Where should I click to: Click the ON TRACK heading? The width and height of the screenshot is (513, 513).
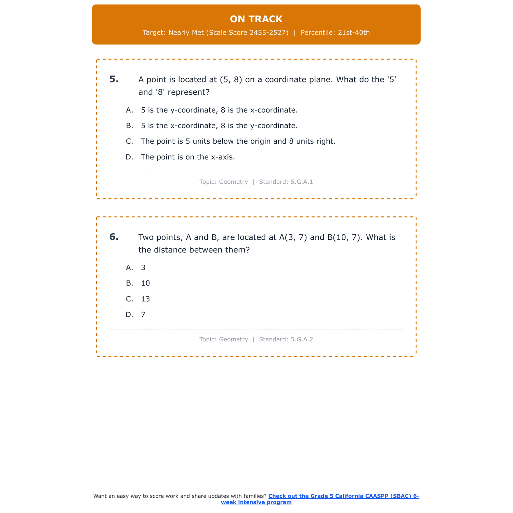(256, 19)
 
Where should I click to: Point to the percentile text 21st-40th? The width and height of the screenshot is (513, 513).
(354, 32)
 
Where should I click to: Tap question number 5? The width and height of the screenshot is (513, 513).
(114, 79)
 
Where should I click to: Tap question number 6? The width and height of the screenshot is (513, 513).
(114, 237)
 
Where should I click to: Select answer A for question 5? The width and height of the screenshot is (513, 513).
(219, 110)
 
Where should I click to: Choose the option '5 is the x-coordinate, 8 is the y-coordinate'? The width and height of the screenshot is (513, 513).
(219, 126)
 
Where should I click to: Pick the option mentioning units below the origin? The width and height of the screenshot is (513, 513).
(238, 141)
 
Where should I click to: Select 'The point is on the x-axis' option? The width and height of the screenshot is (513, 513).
(188, 157)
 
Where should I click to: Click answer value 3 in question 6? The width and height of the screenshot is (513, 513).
(143, 268)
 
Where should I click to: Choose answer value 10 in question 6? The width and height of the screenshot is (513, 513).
(145, 283)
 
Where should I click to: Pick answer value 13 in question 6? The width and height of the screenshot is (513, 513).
(145, 299)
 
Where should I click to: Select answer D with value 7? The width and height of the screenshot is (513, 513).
(143, 315)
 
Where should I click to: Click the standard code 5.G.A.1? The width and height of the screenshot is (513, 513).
(302, 182)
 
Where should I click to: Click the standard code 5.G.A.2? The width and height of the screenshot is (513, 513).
(302, 340)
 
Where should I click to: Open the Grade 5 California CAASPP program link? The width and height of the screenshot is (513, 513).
(343, 496)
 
